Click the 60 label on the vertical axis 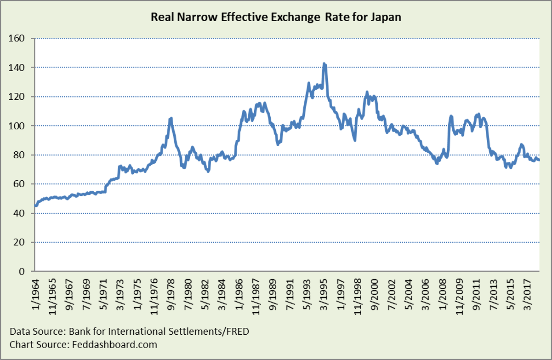pyautogui.click(x=20, y=184)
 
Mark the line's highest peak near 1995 pyautogui.click(x=324, y=64)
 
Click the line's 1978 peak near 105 pyautogui.click(x=171, y=118)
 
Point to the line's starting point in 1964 pyautogui.click(x=35, y=206)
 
